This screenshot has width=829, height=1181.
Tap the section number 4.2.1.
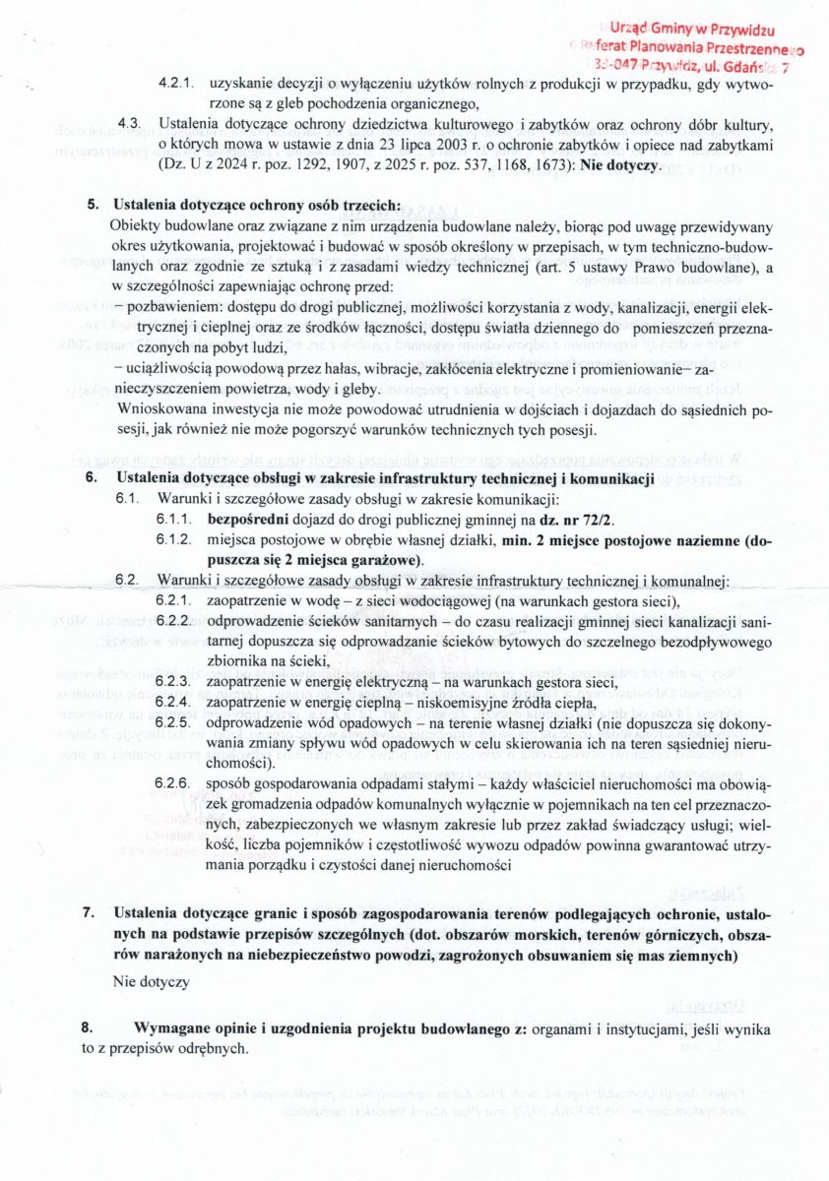pos(176,86)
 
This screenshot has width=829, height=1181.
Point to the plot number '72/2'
pos(605,520)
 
